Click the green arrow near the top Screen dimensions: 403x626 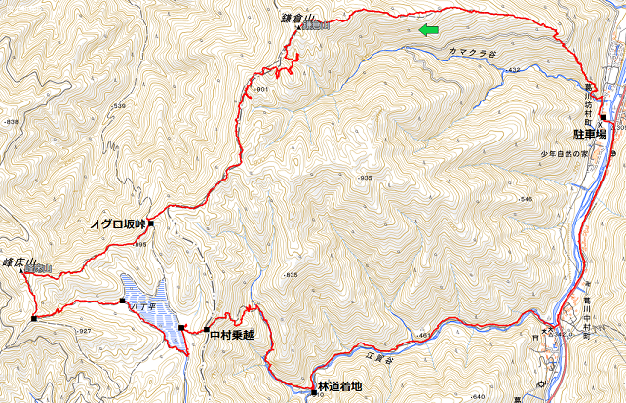point(428,31)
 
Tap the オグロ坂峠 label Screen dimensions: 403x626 point(117,223)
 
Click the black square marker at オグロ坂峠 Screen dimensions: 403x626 point(152,223)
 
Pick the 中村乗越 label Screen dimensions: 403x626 point(231,335)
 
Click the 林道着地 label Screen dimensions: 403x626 point(338,386)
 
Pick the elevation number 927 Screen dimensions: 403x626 point(84,332)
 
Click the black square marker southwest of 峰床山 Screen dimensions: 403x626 point(33,318)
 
